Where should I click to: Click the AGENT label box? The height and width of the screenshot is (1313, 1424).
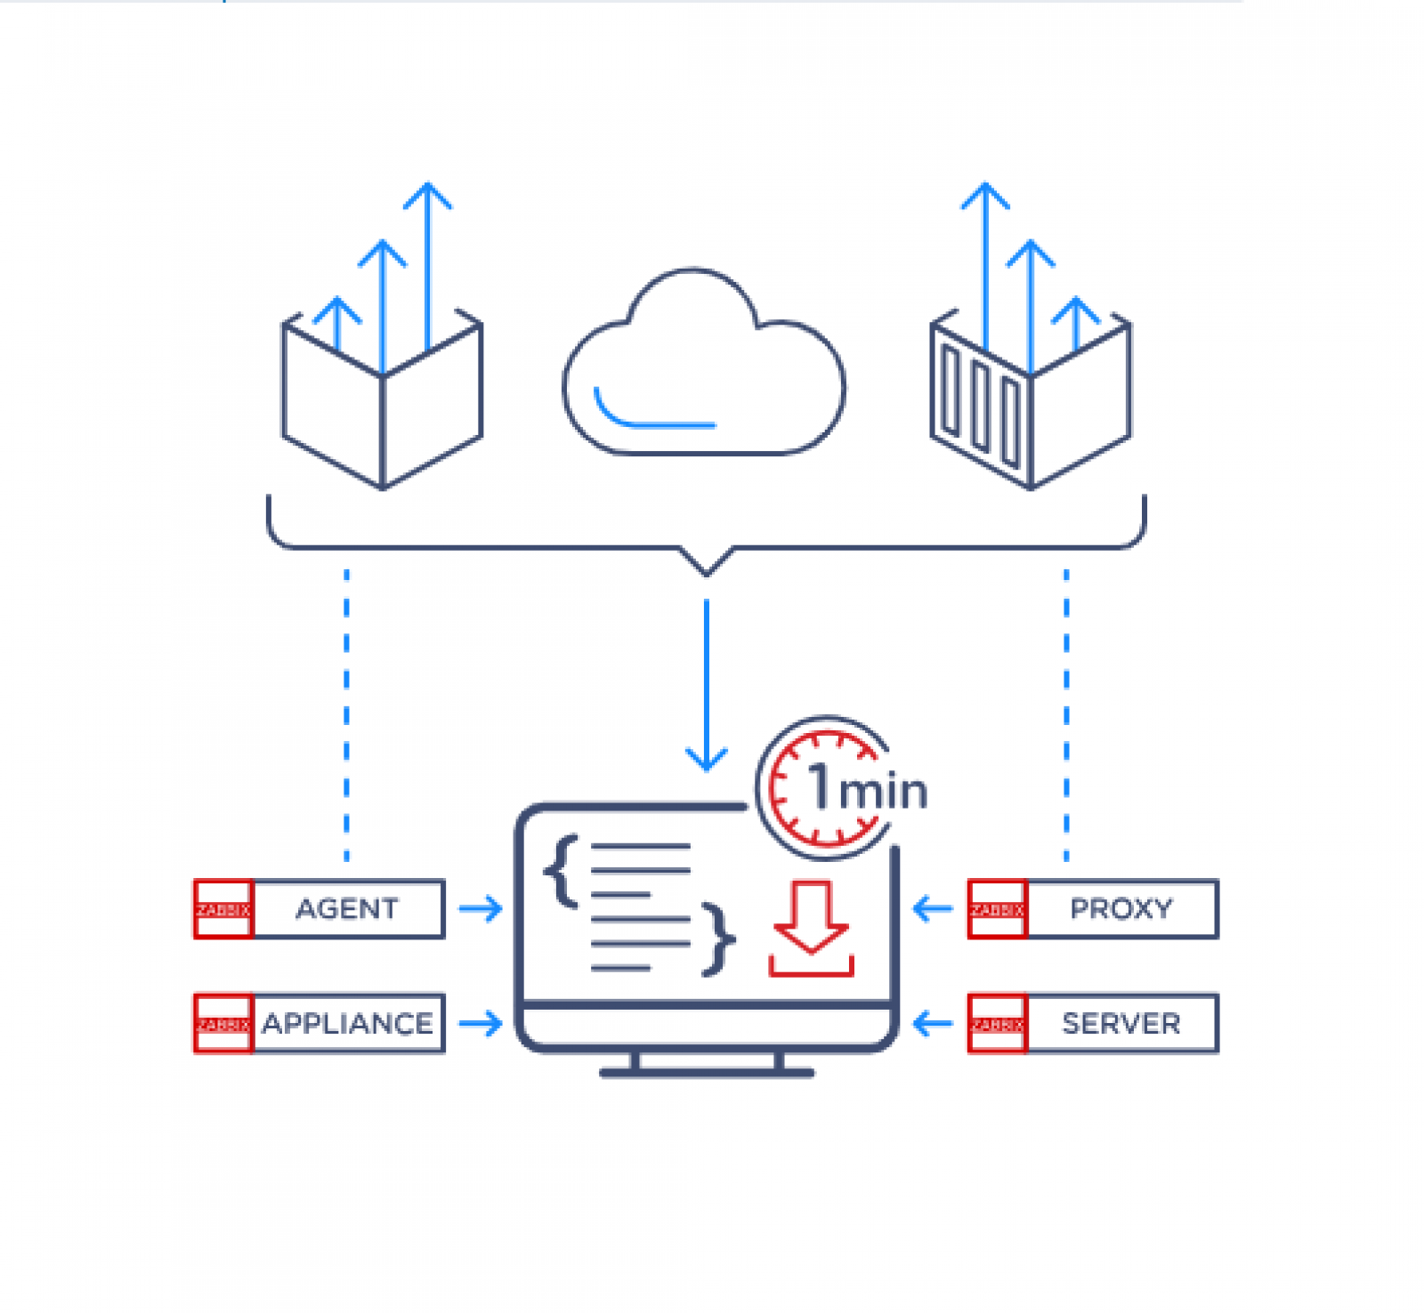tap(348, 908)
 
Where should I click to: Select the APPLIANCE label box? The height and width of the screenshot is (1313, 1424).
tap(348, 1023)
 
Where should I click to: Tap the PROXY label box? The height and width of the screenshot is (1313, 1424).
tap(1121, 908)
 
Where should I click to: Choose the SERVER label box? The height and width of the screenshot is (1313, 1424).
tap(1121, 1023)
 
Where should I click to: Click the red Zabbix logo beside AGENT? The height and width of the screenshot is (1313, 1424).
tap(223, 909)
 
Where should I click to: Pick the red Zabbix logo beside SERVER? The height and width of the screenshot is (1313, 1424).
tap(998, 1024)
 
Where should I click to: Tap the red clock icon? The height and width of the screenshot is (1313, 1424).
tap(823, 787)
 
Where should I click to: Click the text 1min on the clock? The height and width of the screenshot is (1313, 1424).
tap(868, 788)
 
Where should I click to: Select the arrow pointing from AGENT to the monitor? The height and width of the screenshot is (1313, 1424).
tap(481, 909)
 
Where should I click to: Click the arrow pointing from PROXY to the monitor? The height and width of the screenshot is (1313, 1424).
tap(933, 909)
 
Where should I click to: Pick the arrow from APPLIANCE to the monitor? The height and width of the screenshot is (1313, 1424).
tap(481, 1023)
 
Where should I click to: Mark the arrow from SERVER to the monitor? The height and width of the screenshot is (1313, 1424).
tap(933, 1023)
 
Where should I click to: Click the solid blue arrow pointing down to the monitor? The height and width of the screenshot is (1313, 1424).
tap(707, 685)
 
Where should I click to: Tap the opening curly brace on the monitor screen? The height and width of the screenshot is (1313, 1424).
tap(561, 872)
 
